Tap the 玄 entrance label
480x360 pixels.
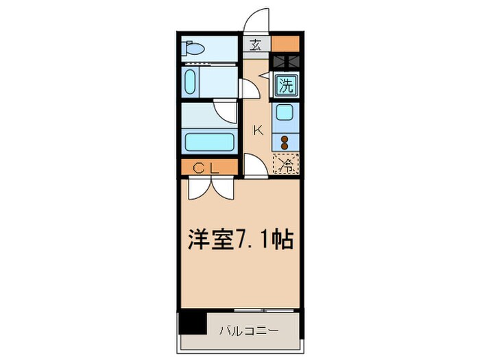pyautogui.click(x=255, y=45)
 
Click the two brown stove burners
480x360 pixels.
pyautogui.click(x=285, y=142)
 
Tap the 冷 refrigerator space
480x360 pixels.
pyautogui.click(x=286, y=164)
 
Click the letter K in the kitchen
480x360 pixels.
pyautogui.click(x=259, y=130)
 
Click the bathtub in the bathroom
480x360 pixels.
pyautogui.click(x=211, y=143)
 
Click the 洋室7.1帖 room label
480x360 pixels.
pyautogui.click(x=241, y=241)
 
